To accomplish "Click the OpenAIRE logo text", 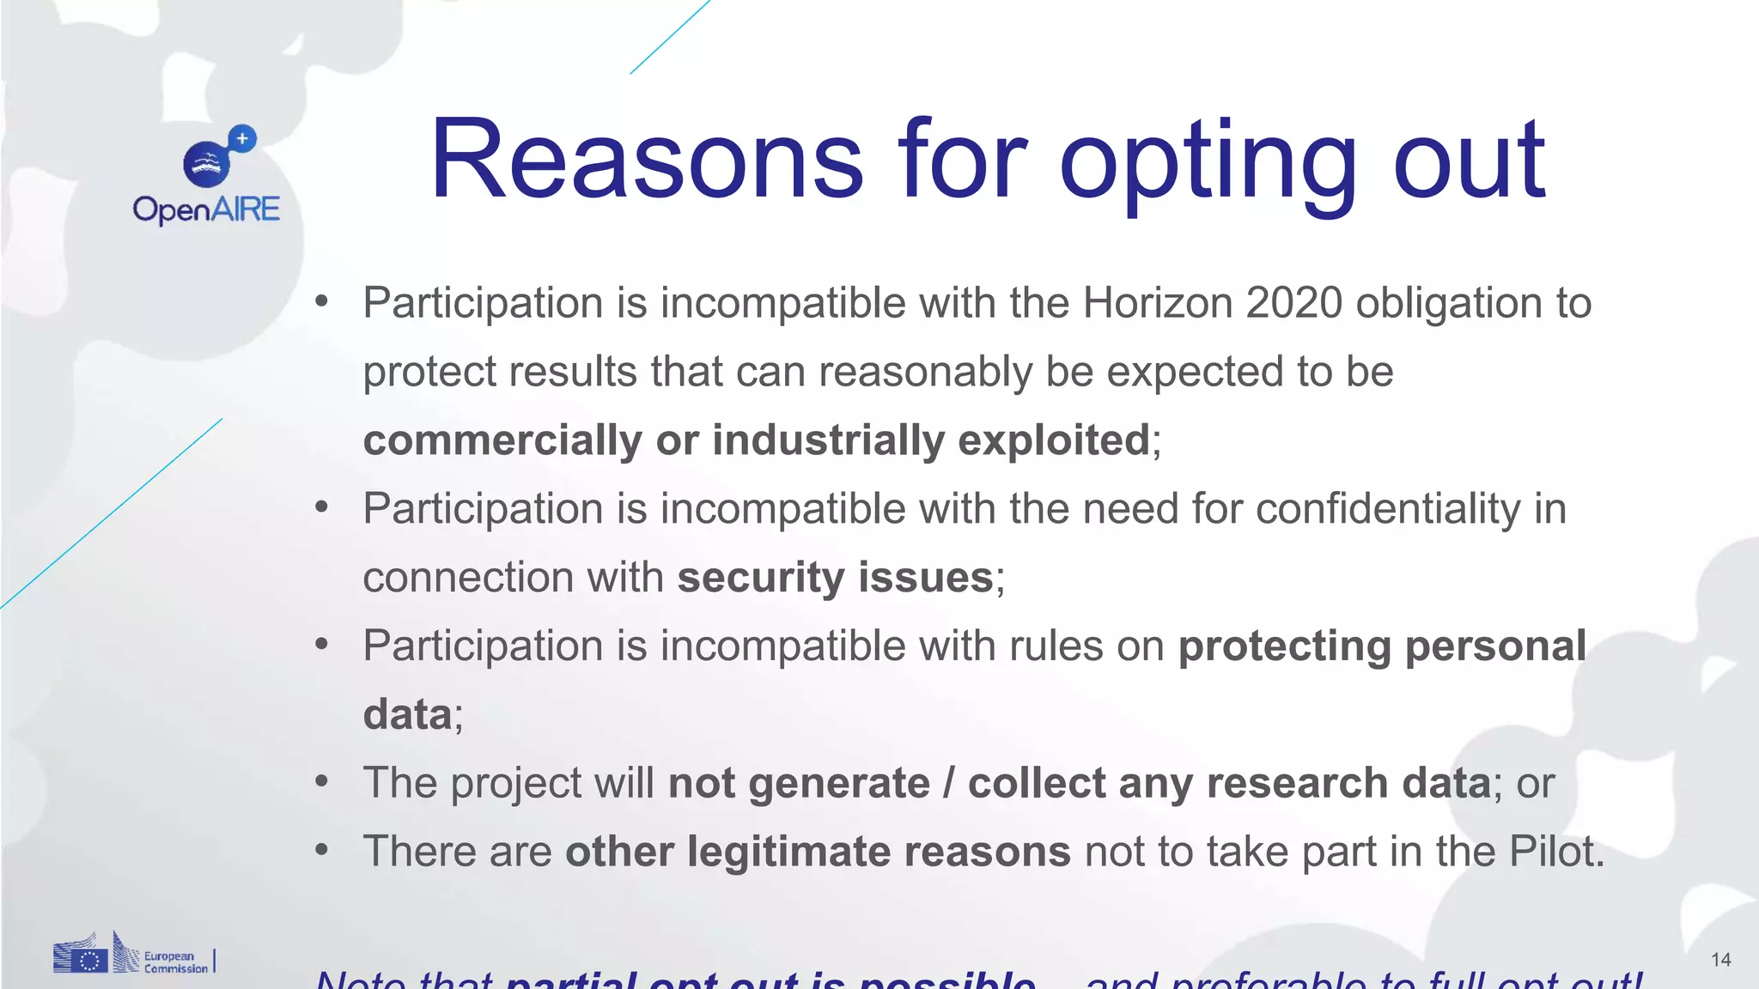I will [206, 209].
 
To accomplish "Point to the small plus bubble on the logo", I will [243, 138].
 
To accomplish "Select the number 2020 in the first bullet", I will [1293, 303].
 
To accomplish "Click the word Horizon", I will [1157, 303].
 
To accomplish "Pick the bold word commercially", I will [502, 440].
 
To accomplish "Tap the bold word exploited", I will [1053, 440].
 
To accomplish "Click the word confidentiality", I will [1388, 508].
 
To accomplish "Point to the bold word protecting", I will [1284, 646].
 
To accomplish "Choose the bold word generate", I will [839, 784].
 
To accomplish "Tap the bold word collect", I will [1037, 783].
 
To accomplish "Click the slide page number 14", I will [1720, 960].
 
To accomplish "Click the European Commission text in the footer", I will [175, 962].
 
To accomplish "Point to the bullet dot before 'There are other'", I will [322, 851].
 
